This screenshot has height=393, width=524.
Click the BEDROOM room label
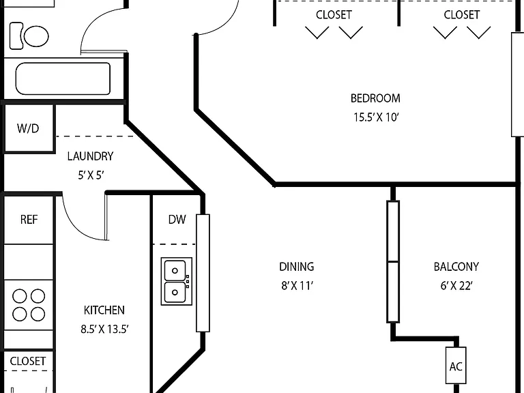tap(375, 98)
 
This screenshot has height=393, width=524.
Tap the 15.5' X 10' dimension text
tap(377, 117)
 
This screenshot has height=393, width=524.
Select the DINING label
tap(297, 267)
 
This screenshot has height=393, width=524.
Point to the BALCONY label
tap(456, 267)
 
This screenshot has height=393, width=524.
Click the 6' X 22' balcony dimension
tap(456, 286)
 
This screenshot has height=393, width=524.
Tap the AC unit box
tap(456, 365)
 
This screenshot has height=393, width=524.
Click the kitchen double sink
tap(177, 281)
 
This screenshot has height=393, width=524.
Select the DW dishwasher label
tap(177, 219)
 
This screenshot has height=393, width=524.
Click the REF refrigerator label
tap(29, 220)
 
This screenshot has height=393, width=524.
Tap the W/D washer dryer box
tap(29, 129)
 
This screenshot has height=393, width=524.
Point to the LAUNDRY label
tap(90, 156)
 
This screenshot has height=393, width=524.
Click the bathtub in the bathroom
tap(63, 78)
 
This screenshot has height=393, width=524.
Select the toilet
tap(29, 36)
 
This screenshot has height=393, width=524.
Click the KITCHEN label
tap(104, 310)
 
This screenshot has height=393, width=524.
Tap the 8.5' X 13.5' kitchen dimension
tap(104, 329)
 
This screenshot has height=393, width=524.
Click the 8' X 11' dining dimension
tap(297, 286)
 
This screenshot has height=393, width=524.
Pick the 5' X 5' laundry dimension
tap(91, 175)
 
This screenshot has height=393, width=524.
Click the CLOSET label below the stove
tap(28, 361)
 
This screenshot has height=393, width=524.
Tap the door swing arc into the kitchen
tap(75, 229)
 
